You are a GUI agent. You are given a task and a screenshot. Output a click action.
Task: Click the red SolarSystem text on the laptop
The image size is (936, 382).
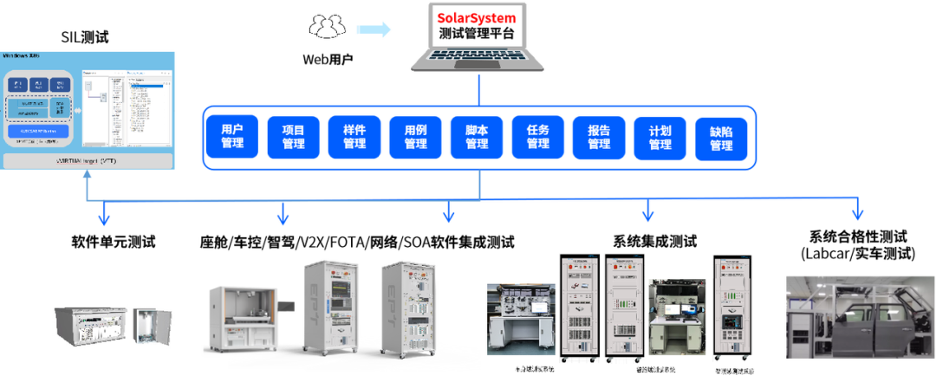pyautogui.click(x=476, y=17)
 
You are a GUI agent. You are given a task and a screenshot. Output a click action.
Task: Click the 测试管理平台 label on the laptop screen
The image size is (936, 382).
pyautogui.click(x=476, y=35)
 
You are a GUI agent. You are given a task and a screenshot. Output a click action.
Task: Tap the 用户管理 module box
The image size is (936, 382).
pyautogui.click(x=232, y=136)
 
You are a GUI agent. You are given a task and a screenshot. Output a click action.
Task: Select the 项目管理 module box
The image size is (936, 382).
pyautogui.click(x=294, y=137)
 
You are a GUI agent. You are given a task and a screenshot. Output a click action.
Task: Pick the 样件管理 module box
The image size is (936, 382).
pyautogui.click(x=354, y=137)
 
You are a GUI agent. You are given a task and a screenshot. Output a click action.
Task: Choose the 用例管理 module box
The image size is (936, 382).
pyautogui.click(x=416, y=137)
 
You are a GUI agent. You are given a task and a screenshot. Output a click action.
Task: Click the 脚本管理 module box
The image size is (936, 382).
pyautogui.click(x=477, y=137)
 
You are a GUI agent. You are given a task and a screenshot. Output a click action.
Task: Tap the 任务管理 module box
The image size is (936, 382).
pyautogui.click(x=538, y=137)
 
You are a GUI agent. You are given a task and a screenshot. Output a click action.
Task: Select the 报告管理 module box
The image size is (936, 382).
pyautogui.click(x=599, y=137)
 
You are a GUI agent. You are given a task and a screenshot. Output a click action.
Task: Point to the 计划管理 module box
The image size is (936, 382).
pyautogui.click(x=660, y=137)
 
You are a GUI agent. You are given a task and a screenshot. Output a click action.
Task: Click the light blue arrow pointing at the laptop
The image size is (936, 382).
pyautogui.click(x=374, y=30)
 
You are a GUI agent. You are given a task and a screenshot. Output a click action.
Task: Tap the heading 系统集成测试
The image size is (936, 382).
pyautogui.click(x=654, y=242)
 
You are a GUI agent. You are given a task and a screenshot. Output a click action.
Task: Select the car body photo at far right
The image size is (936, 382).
pyautogui.click(x=859, y=317)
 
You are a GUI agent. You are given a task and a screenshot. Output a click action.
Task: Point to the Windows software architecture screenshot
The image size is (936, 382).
pyautogui.click(x=88, y=109)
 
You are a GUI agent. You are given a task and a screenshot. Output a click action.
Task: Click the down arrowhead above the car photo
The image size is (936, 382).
pyautogui.click(x=857, y=212)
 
